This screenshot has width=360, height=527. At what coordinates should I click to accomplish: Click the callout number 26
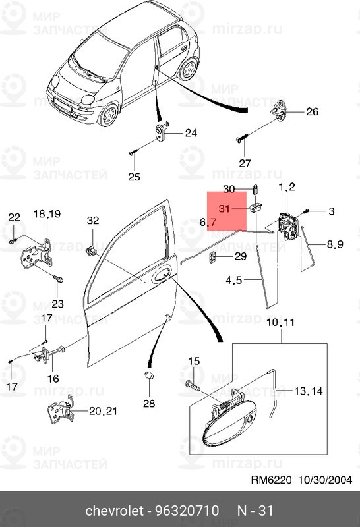312,111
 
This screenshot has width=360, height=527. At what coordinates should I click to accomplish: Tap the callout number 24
191,133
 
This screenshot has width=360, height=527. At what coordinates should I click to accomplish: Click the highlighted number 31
224,209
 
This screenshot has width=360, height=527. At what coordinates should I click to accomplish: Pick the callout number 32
92,220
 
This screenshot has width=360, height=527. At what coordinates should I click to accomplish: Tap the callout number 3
332,211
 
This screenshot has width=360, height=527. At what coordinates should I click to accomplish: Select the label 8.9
335,244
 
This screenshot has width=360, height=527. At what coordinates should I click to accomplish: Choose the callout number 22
14,217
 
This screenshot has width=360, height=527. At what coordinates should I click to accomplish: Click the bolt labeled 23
58,280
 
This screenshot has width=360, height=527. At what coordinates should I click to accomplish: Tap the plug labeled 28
148,376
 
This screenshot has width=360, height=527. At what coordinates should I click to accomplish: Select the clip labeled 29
214,256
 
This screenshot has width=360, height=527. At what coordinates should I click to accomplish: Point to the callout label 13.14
307,391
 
